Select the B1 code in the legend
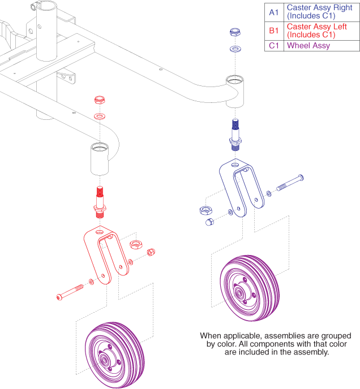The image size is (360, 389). [x=274, y=31]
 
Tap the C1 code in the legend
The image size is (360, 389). [x=274, y=46]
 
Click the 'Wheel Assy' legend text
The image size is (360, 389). [x=308, y=46]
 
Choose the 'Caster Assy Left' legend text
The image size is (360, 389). [x=318, y=27]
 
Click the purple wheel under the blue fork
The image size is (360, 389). [x=249, y=286]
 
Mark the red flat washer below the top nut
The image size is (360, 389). [x=100, y=116]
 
